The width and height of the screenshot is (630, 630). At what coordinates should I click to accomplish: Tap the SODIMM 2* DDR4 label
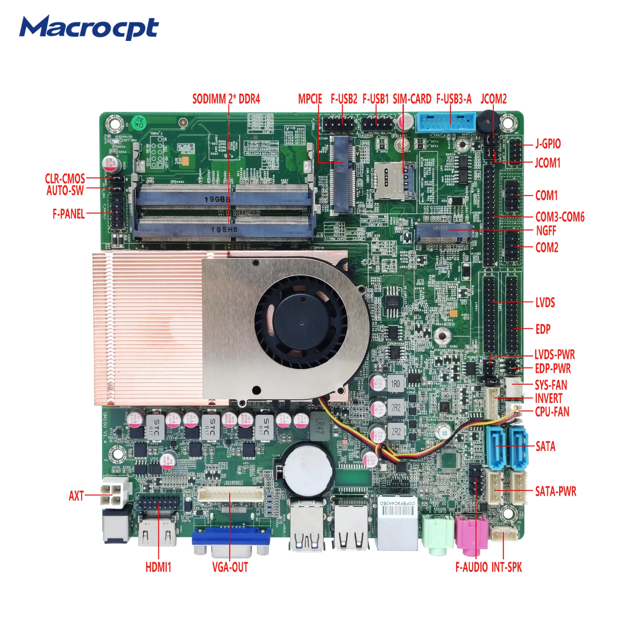(x=226, y=99)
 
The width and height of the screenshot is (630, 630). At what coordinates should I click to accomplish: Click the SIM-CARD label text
(x=412, y=99)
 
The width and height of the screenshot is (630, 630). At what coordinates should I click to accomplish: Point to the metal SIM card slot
(x=394, y=180)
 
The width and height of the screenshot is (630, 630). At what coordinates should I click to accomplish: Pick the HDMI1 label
(x=158, y=567)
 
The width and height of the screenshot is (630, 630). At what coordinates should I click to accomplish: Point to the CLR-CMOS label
(x=65, y=178)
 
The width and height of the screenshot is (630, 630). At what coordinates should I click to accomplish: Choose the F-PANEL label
(x=69, y=214)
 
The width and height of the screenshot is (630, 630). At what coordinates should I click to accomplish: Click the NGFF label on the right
(x=546, y=231)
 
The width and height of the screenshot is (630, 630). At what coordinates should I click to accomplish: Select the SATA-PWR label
(x=556, y=491)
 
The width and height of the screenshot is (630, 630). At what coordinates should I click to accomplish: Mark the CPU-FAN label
(x=552, y=412)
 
